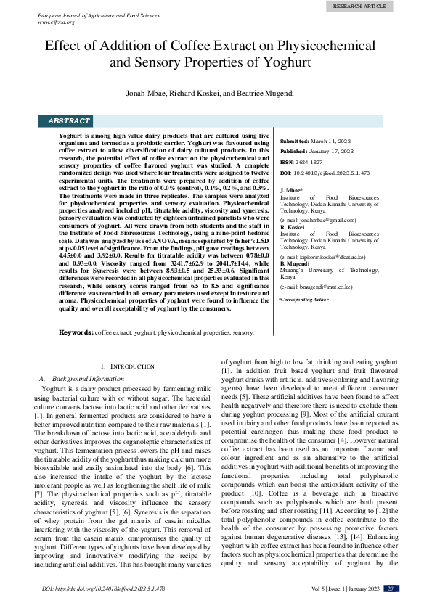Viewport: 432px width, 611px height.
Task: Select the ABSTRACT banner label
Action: pos(69,121)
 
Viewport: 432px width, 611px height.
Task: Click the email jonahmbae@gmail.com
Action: pos(319,219)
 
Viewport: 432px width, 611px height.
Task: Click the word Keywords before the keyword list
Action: pos(76,332)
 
